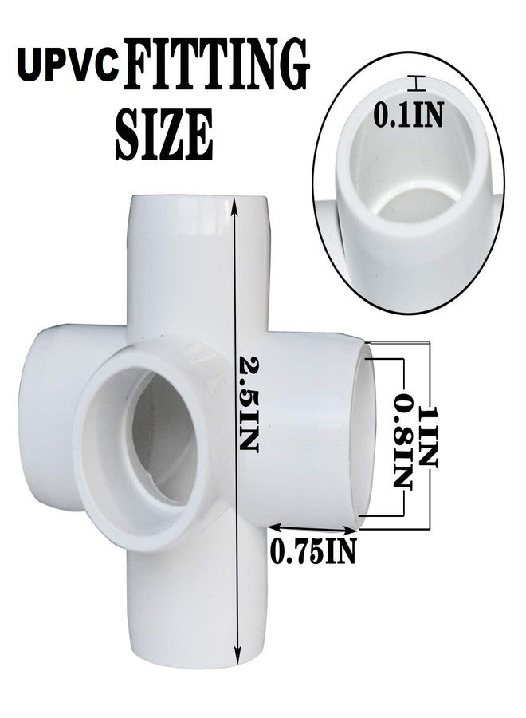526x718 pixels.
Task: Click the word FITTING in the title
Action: click(x=217, y=65)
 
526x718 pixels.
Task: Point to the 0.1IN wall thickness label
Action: click(x=409, y=114)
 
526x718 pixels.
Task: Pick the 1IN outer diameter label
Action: click(x=428, y=436)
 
